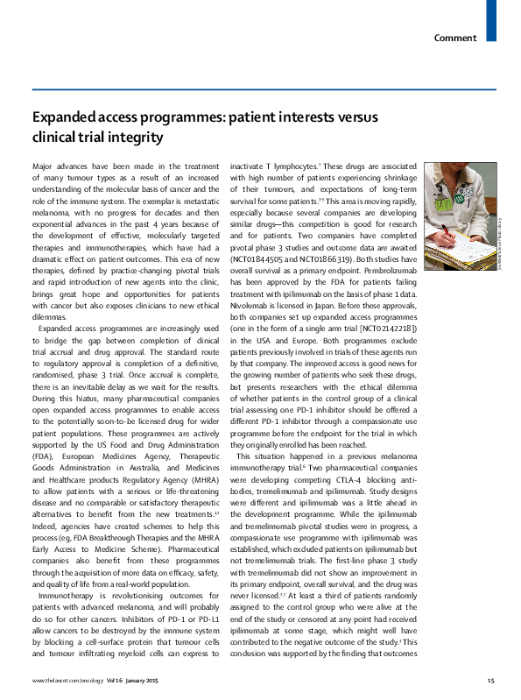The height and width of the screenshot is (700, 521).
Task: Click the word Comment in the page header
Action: coord(455,38)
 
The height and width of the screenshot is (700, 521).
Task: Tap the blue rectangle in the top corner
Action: coord(491,20)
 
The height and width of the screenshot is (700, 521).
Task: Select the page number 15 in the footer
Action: coord(490,681)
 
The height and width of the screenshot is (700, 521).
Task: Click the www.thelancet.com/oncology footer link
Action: coord(60,681)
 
